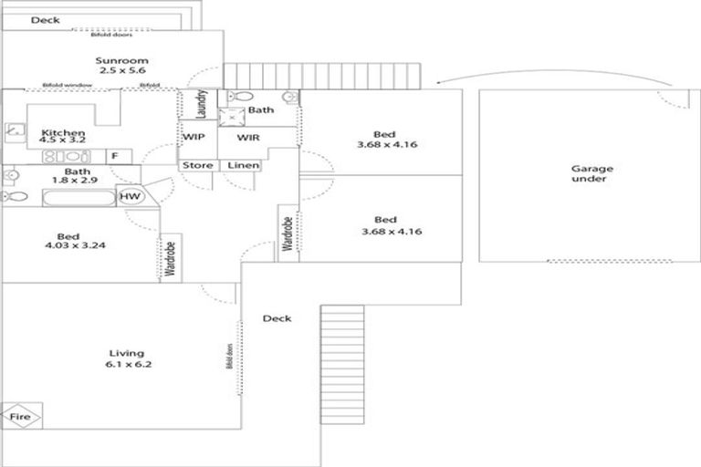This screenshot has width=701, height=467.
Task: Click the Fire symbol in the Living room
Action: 20,417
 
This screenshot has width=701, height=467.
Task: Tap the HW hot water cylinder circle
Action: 130,197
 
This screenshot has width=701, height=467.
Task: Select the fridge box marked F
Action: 115,156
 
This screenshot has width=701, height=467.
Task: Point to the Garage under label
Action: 591,173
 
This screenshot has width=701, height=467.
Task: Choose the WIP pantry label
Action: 194,138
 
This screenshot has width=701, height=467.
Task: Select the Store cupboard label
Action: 197,166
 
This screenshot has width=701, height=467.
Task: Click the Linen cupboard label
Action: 243,166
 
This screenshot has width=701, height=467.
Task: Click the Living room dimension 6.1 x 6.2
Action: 126,365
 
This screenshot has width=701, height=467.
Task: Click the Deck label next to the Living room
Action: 277,318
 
